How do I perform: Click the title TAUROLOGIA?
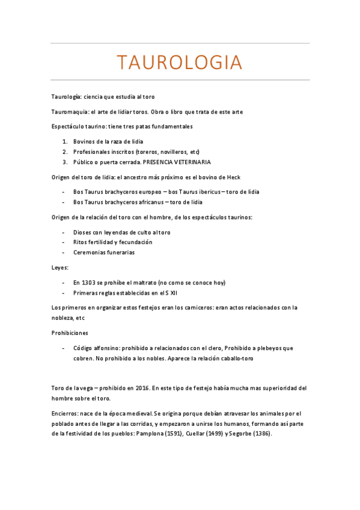[x=180, y=62]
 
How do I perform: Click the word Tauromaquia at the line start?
[x=67, y=112]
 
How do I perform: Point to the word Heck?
[x=233, y=177]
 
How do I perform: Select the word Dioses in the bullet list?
[x=83, y=232]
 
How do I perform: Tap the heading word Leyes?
[x=59, y=267]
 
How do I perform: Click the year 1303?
[x=88, y=282]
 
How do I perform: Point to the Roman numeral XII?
[x=173, y=292]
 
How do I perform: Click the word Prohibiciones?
[x=70, y=333]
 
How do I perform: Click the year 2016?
[x=139, y=389]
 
